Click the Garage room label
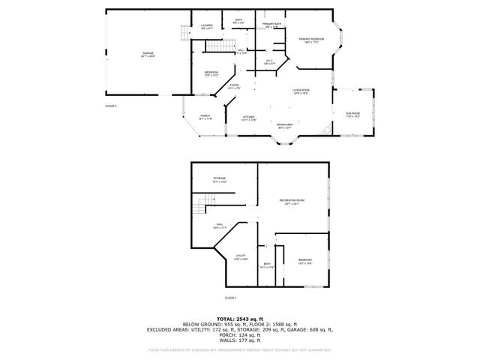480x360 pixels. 148,55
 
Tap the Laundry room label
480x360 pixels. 207,27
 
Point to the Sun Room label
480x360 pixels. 352,115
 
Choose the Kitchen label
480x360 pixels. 249,118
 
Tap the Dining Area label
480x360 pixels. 285,126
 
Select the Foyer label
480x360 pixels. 235,87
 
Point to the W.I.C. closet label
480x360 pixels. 269,61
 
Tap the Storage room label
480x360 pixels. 219,180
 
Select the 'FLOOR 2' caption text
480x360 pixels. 112,106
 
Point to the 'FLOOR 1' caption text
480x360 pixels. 231,298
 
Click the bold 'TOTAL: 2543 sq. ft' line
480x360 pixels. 239,318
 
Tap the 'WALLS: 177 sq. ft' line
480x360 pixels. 239,340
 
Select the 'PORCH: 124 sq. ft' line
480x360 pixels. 239,334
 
